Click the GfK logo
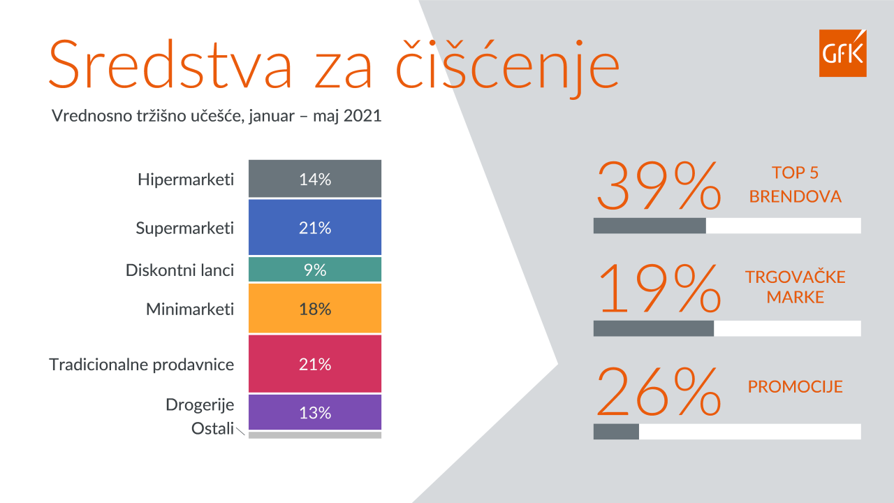[842, 53]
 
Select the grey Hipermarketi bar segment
[315, 178]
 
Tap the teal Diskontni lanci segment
[315, 270]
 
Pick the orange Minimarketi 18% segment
[315, 308]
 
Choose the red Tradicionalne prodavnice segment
[315, 364]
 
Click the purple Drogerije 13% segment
[315, 412]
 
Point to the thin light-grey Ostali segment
[315, 435]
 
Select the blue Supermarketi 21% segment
[315, 227]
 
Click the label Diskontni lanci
[179, 270]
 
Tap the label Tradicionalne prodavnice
[141, 365]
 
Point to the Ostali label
[212, 428]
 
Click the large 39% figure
[659, 186]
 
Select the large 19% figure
[659, 289]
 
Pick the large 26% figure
[659, 392]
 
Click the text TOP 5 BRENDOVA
[795, 184]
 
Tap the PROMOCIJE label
[795, 386]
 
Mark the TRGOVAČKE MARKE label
[795, 287]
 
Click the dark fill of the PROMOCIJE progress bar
[616, 432]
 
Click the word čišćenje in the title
[508, 66]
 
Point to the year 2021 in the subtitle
[362, 116]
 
